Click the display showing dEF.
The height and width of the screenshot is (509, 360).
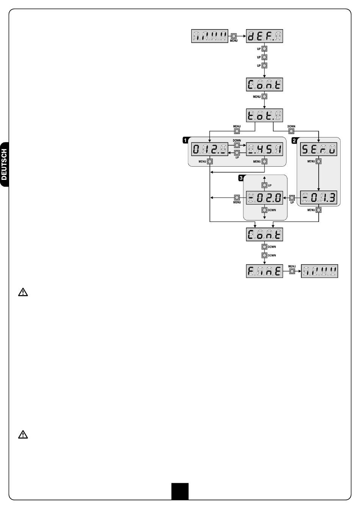(x=265, y=37)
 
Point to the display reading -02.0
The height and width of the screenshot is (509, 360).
(x=265, y=198)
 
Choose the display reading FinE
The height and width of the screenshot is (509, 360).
(x=265, y=272)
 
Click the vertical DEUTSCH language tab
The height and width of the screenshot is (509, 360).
(x=5, y=164)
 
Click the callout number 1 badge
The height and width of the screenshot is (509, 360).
(x=185, y=140)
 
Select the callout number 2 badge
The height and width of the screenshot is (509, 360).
(x=294, y=140)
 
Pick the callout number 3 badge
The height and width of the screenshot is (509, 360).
(x=240, y=177)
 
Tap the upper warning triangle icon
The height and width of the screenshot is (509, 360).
(x=23, y=292)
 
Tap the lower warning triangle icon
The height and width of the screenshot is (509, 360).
(x=23, y=435)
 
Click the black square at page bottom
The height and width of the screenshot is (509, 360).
(x=180, y=491)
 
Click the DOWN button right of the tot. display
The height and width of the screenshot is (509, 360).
(x=291, y=131)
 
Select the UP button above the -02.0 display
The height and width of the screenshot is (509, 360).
(x=265, y=185)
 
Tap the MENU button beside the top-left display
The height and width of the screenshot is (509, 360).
(x=234, y=36)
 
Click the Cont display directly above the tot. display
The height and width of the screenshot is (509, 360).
(x=265, y=84)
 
